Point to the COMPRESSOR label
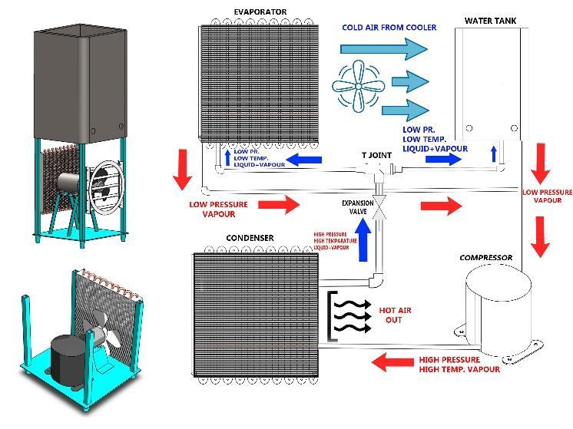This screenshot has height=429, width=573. [485, 258]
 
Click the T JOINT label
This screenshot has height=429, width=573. [376, 155]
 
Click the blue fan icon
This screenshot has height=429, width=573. [358, 86]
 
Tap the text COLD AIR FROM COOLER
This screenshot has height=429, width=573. [389, 28]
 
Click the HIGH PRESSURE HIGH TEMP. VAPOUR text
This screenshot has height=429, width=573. [458, 365]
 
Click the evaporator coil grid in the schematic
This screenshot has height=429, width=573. [257, 83]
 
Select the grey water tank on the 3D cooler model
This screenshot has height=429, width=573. [75, 81]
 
